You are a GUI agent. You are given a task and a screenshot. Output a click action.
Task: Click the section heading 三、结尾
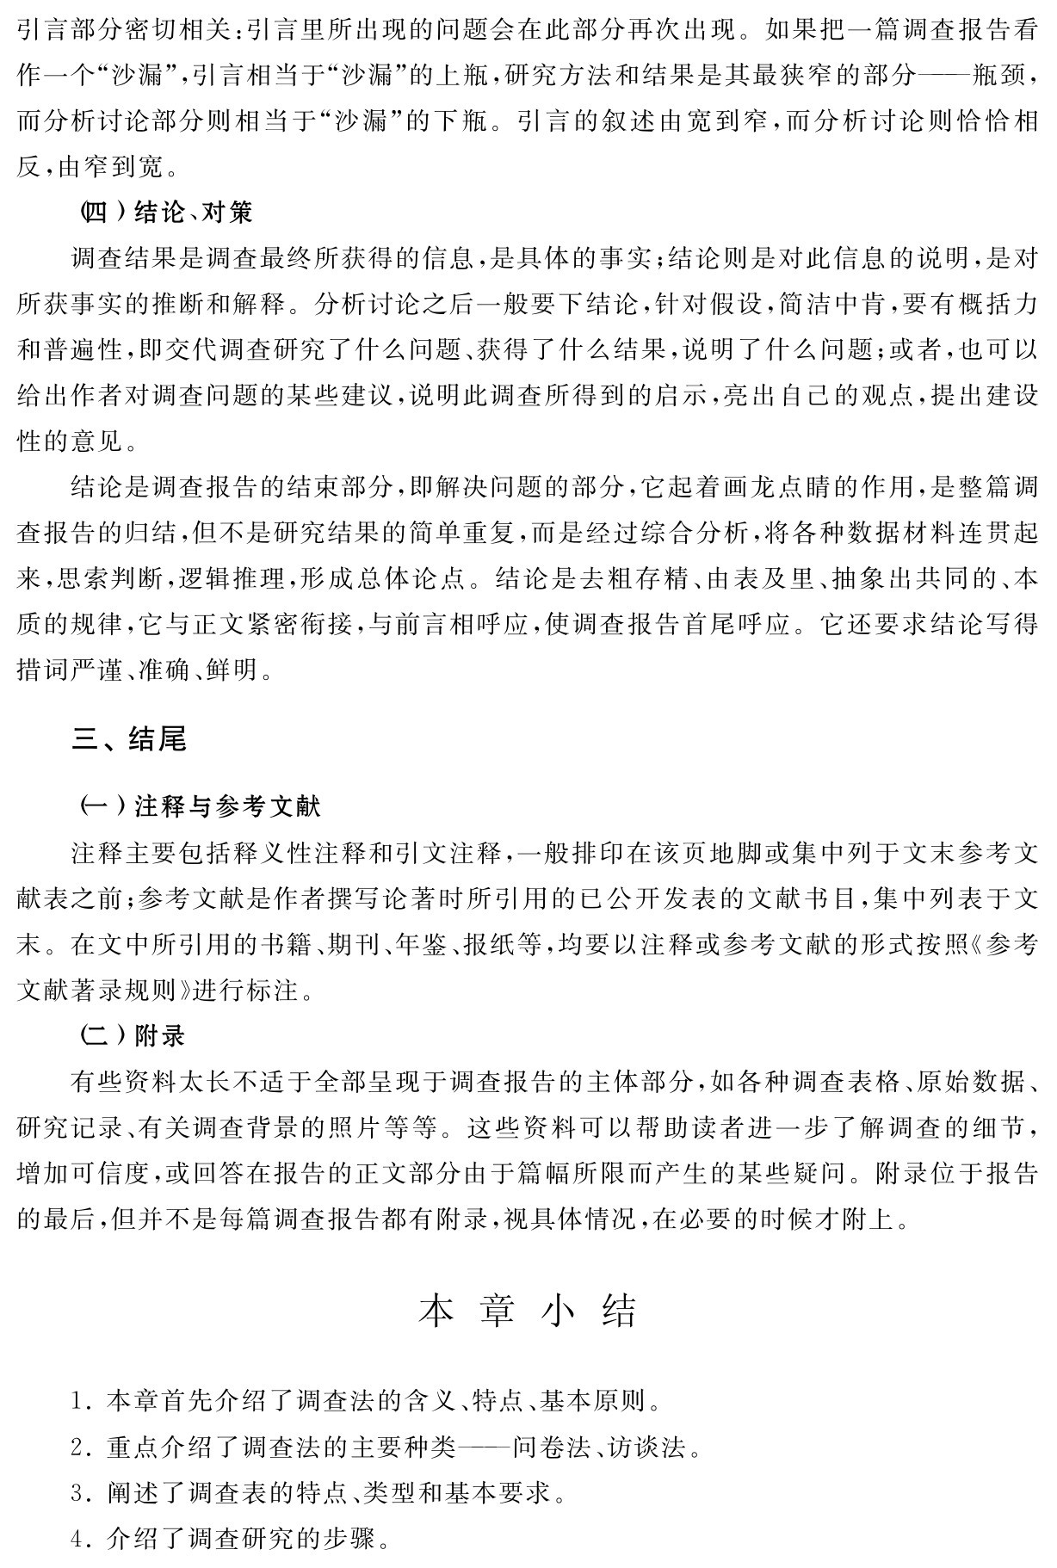[130, 739]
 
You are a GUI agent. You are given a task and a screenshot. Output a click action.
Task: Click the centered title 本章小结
[528, 1311]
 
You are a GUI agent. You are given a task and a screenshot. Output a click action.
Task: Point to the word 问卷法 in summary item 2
[550, 1448]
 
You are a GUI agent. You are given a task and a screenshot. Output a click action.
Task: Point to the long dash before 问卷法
[482, 1448]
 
